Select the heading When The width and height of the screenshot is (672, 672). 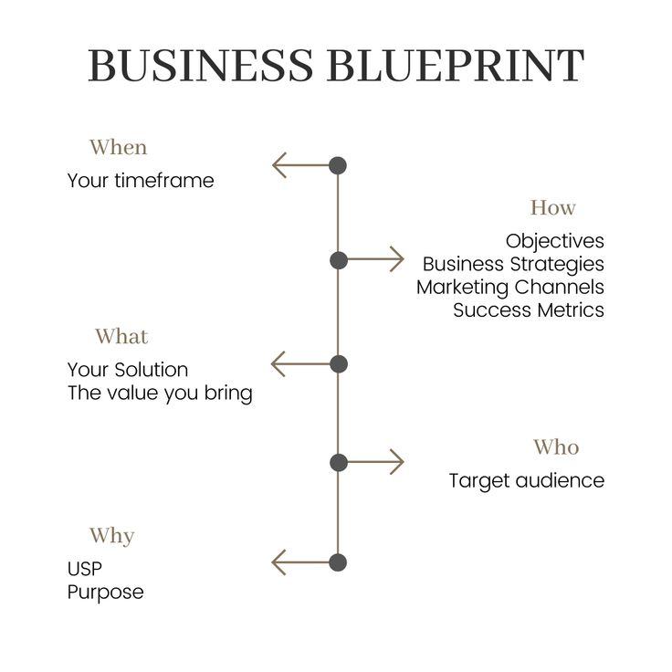click(x=118, y=147)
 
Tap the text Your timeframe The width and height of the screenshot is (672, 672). click(x=141, y=181)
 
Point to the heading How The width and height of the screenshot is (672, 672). click(x=553, y=207)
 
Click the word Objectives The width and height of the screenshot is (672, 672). click(x=555, y=241)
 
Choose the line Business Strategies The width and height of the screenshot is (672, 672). click(x=513, y=264)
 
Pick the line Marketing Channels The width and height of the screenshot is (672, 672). click(x=510, y=287)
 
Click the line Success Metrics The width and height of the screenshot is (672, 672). click(x=529, y=310)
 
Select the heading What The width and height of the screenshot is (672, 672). click(x=121, y=337)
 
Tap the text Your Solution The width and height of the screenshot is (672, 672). click(x=128, y=370)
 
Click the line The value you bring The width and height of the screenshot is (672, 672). click(x=160, y=394)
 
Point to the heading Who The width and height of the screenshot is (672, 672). click(x=556, y=447)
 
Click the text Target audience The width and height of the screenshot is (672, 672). click(x=526, y=480)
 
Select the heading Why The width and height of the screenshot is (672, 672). click(x=111, y=535)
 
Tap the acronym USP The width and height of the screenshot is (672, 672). click(x=85, y=569)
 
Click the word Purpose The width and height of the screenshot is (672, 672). click(x=105, y=592)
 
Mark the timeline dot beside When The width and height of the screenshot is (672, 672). click(x=338, y=165)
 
